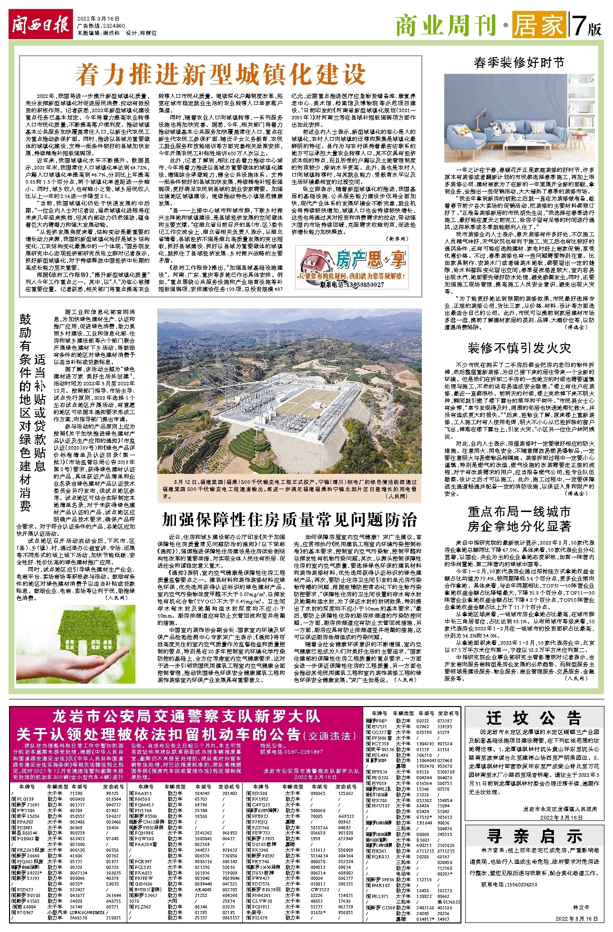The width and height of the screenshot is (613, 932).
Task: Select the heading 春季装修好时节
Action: click(x=519, y=62)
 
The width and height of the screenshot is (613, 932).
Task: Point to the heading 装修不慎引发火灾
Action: click(x=519, y=348)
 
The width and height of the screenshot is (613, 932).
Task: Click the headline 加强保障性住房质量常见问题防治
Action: click(x=289, y=519)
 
